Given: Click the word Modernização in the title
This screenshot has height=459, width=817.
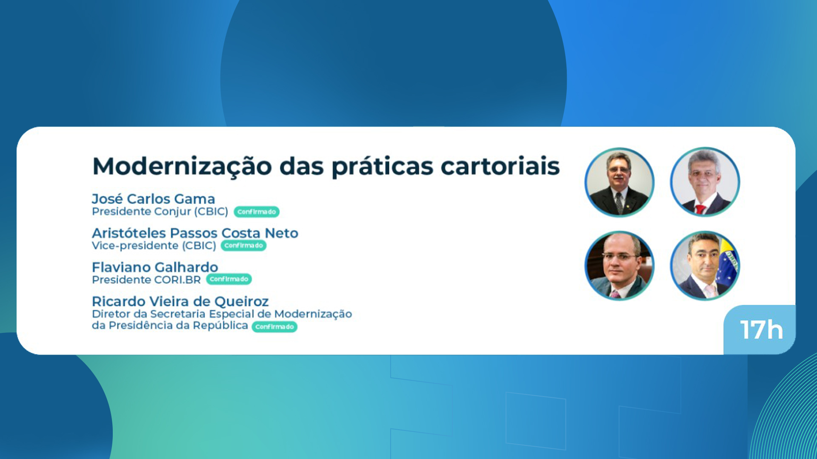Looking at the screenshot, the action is tap(182, 167).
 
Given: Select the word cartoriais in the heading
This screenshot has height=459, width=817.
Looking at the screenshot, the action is tap(500, 166).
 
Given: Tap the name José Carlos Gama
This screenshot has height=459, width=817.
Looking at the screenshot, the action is tap(153, 199).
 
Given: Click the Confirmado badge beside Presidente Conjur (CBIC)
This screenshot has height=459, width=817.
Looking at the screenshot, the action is tap(257, 212).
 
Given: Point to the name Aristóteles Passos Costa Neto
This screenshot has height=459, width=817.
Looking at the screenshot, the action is tap(195, 233).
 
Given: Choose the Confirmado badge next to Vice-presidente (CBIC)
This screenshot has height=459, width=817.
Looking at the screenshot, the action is tap(243, 246).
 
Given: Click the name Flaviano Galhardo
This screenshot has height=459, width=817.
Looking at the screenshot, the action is tap(155, 267).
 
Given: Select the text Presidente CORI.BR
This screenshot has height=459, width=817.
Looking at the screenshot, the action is tap(146, 280).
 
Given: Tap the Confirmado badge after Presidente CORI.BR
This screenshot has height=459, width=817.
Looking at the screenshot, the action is tap(229, 279).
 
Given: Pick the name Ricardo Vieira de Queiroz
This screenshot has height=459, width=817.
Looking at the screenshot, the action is tap(180, 301).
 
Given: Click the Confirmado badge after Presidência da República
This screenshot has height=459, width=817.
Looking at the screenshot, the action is tap(274, 327).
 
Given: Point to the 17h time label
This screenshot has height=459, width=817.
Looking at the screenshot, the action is tap(761, 330).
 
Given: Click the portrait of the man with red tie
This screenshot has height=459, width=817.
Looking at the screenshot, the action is tap(705, 182).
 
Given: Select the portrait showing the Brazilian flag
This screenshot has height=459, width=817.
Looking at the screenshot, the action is tap(705, 266).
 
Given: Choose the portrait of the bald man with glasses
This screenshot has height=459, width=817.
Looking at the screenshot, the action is tap(620, 266).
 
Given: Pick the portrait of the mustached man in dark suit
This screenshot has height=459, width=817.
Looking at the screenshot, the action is tap(620, 182).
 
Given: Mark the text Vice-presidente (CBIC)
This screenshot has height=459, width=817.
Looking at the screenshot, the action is tap(154, 246).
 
